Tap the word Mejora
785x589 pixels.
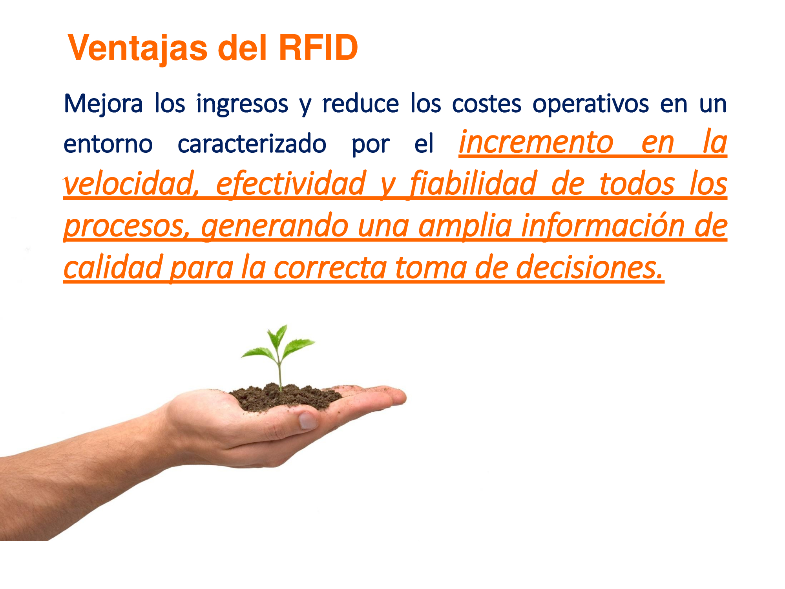pyautogui.click(x=103, y=104)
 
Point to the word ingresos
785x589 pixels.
pyautogui.click(x=242, y=104)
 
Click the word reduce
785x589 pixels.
pyautogui.click(x=360, y=103)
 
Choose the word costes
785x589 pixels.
pyautogui.click(x=487, y=104)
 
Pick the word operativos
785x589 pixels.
pyautogui.click(x=590, y=104)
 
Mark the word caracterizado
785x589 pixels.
pyautogui.click(x=252, y=143)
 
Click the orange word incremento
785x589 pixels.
pyautogui.click(x=536, y=142)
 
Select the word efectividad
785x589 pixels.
pyautogui.click(x=290, y=183)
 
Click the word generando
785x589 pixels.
pyautogui.click(x=274, y=226)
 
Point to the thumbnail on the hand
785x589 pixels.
pyautogui.click(x=308, y=420)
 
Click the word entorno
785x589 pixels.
pyautogui.click(x=108, y=144)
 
